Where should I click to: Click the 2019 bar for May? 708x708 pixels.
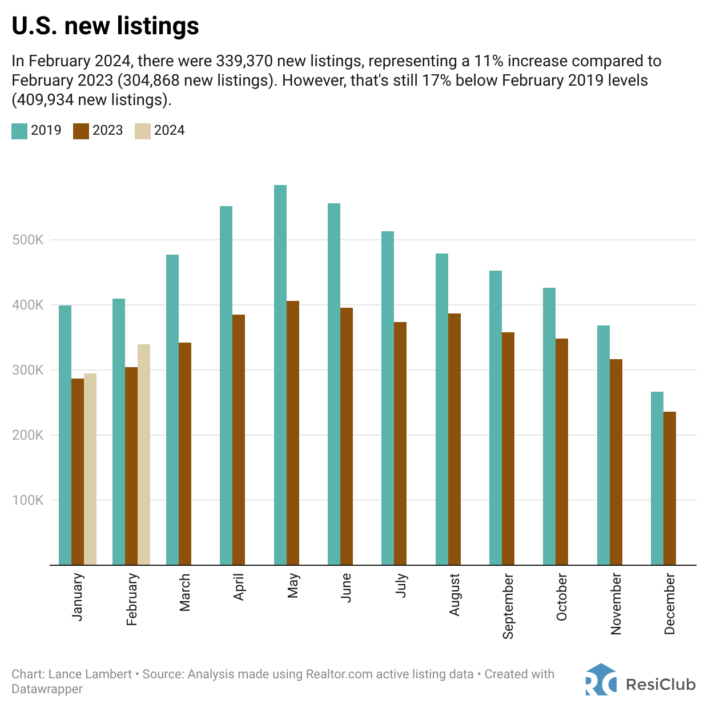(280, 375)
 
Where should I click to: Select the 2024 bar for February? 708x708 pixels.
(144, 454)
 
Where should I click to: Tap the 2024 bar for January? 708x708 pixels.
(90, 469)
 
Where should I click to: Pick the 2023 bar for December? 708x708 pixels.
(670, 488)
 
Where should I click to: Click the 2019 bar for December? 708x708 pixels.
(657, 478)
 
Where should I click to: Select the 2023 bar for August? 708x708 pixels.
(454, 439)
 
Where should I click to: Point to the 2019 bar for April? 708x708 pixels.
(226, 385)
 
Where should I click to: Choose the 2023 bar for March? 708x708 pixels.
(185, 454)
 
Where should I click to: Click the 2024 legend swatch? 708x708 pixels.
(142, 131)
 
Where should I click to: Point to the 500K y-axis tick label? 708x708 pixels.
(28, 240)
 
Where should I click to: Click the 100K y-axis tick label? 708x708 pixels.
(28, 500)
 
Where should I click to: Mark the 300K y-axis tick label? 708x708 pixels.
(28, 370)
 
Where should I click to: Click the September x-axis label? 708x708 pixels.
(508, 606)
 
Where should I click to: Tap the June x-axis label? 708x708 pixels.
(346, 588)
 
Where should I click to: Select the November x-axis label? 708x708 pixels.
(616, 605)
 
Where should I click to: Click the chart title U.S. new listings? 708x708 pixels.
(106, 26)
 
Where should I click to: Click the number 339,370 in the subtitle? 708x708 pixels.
(244, 61)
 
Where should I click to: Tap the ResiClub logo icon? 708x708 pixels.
(601, 679)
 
